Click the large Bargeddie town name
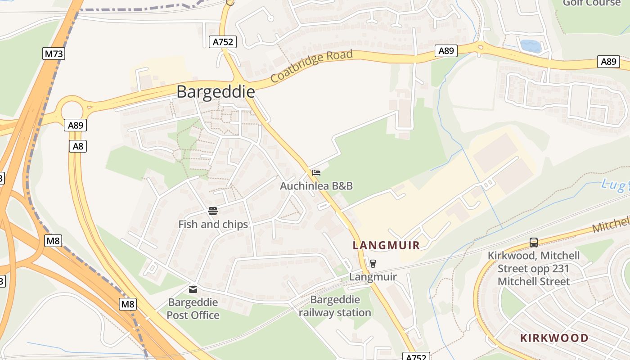[216, 92]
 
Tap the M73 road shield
[54, 54]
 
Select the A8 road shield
[78, 146]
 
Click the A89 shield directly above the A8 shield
[75, 125]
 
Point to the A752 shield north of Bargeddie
[223, 42]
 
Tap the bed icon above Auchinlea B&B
[316, 173]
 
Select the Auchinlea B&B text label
[316, 186]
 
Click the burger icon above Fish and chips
[213, 211]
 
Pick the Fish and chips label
[213, 224]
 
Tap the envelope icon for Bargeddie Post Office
[193, 289]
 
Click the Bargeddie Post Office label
[193, 309]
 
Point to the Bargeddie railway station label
[335, 306]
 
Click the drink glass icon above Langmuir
[373, 264]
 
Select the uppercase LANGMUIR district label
[386, 245]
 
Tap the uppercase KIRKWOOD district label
[554, 338]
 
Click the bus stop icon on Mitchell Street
[534, 243]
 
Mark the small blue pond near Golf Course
[530, 46]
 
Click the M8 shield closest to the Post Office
[128, 304]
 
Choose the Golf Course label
[591, 3]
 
